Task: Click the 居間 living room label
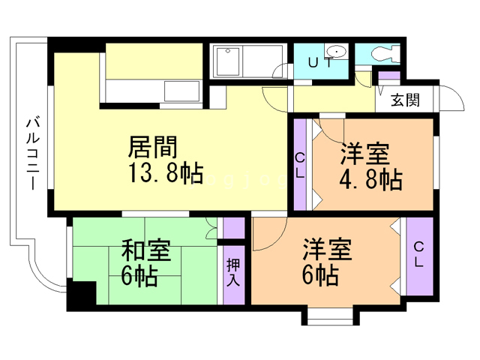click(x=153, y=147)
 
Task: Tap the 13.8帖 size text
click(x=166, y=173)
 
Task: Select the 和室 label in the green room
click(x=146, y=250)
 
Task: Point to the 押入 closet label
click(x=233, y=272)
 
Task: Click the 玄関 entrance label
click(x=405, y=100)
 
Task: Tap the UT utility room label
click(x=320, y=63)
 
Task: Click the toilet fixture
click(x=385, y=54)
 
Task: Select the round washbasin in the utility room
click(x=336, y=51)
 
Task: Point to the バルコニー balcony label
click(x=33, y=154)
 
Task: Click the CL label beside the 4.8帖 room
click(x=300, y=166)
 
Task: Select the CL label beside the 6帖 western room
click(x=418, y=254)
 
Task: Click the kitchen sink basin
click(x=182, y=91)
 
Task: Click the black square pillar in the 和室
click(x=82, y=293)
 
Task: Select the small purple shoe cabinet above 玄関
click(x=389, y=75)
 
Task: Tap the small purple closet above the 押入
click(x=234, y=228)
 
